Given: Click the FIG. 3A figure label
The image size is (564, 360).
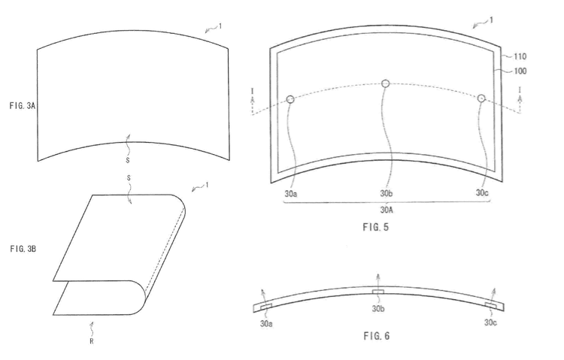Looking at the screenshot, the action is click(23, 106).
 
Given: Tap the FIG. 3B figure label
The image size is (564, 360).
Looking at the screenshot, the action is click(23, 249).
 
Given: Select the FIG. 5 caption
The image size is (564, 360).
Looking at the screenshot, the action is click(375, 227).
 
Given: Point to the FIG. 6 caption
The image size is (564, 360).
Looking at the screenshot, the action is click(377, 336).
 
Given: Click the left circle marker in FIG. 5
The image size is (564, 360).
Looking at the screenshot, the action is click(290, 99).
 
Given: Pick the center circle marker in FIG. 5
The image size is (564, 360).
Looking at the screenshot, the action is click(385, 83).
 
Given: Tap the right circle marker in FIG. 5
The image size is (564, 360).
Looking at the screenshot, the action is click(481, 98).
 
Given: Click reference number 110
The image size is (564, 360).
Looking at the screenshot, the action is click(520, 56).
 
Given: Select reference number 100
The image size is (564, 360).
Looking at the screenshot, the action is click(520, 71).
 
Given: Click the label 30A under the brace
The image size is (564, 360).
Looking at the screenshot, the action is click(387, 209).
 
